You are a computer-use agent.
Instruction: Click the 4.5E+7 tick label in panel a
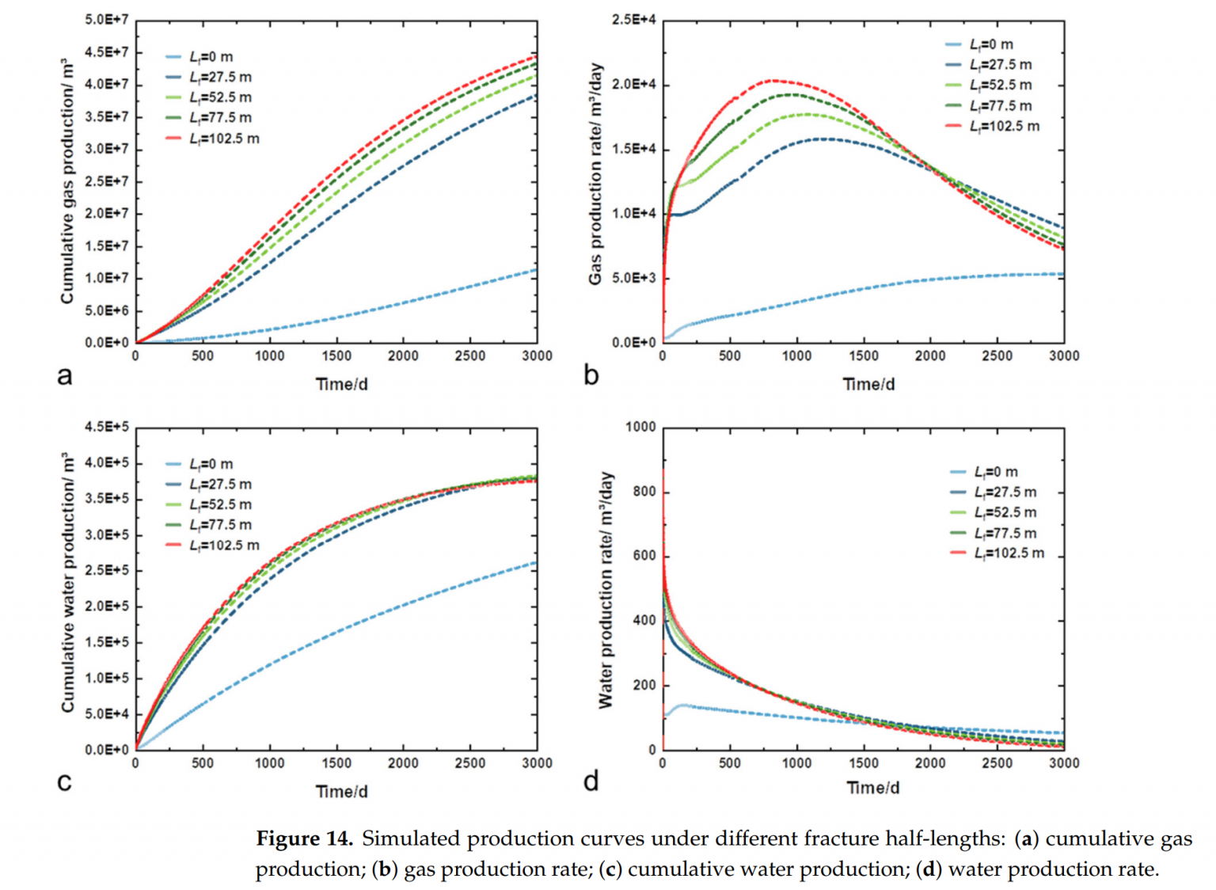pyautogui.click(x=106, y=52)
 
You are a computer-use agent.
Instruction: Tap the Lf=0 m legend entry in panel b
pyautogui.click(x=990, y=44)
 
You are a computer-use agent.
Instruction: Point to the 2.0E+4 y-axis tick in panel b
pyautogui.click(x=633, y=85)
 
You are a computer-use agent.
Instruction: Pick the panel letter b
pyautogui.click(x=591, y=375)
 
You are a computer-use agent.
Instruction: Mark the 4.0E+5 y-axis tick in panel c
pyautogui.click(x=106, y=462)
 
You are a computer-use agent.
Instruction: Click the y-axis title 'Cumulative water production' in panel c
pyautogui.click(x=67, y=582)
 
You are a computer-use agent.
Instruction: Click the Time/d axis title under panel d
pyautogui.click(x=872, y=788)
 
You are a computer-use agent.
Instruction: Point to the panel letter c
pyautogui.click(x=64, y=782)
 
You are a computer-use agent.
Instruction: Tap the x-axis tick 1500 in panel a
pyautogui.click(x=336, y=356)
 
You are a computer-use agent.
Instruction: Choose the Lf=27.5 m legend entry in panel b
pyautogui.click(x=1000, y=65)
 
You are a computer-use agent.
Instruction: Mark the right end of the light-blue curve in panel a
pyautogui.click(x=537, y=270)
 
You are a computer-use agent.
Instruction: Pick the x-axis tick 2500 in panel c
pyautogui.click(x=470, y=763)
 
